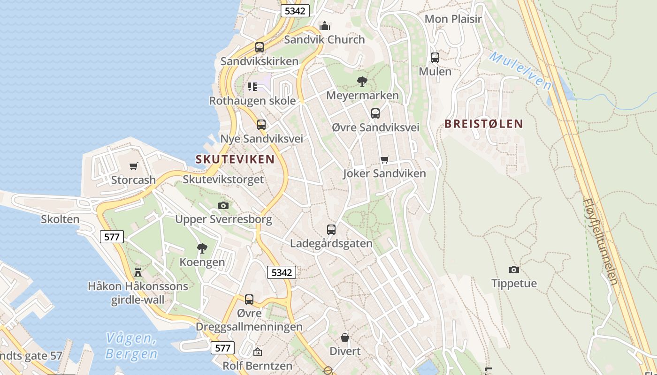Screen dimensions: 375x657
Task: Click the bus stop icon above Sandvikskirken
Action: [260, 47]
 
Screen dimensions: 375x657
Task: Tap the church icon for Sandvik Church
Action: [324, 25]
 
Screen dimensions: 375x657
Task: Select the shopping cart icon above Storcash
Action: [134, 166]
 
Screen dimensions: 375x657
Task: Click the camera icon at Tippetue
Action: [514, 270]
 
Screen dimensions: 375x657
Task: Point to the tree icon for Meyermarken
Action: [362, 82]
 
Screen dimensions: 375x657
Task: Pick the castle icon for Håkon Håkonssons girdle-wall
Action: [138, 272]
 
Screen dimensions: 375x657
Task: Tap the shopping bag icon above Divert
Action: [345, 337]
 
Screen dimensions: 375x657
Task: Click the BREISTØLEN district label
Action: [483, 124]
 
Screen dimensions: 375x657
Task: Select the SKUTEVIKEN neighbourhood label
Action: [235, 159]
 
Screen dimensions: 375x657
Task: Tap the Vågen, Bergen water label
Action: [131, 345]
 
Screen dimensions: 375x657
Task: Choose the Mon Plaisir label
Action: [453, 19]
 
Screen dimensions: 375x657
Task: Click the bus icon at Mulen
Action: [435, 58]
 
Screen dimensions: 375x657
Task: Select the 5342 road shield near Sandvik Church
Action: [295, 11]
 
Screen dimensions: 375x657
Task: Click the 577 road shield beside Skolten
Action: [112, 237]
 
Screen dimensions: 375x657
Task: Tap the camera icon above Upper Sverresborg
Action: [224, 205]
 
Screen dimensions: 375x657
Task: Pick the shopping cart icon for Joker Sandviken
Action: [385, 159]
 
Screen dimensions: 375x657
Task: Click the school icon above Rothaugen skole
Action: [252, 86]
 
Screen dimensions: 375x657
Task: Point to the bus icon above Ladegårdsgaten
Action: [331, 229]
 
